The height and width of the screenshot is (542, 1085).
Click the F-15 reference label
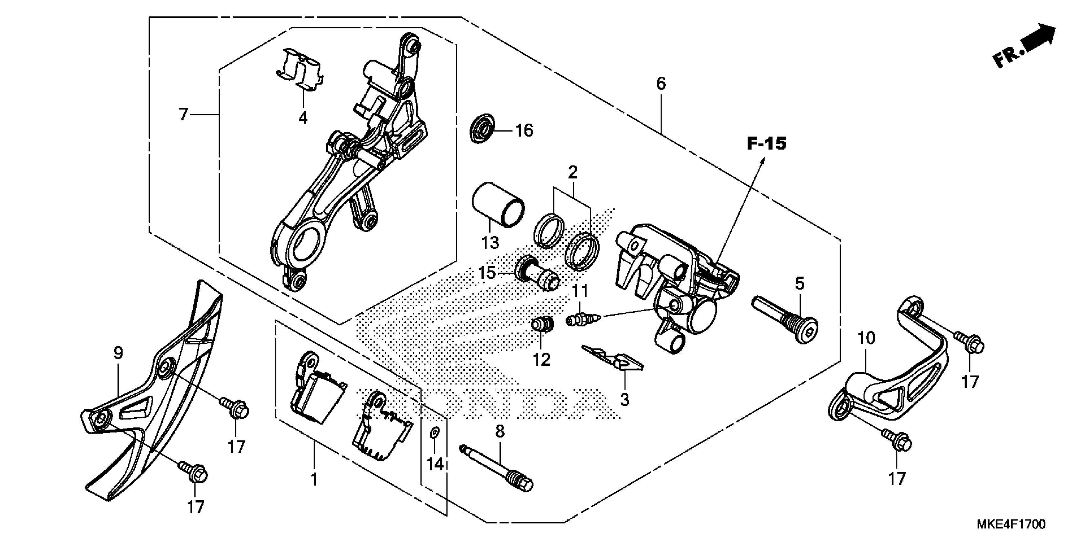tap(766, 144)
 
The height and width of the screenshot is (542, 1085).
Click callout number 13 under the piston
tap(490, 243)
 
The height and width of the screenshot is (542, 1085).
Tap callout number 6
tap(661, 84)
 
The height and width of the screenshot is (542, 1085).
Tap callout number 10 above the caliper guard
tap(867, 338)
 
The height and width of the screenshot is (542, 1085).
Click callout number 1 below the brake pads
tap(314, 480)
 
